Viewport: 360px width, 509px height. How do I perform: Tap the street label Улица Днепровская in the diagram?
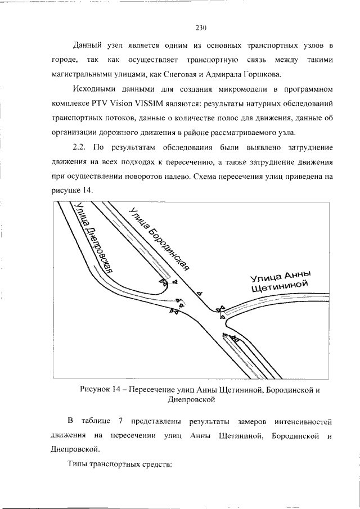tap(90, 239)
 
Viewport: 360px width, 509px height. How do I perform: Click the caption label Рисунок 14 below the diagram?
tap(105, 390)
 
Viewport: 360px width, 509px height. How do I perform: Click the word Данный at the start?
tap(88, 44)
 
